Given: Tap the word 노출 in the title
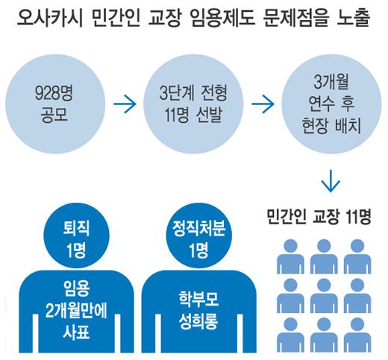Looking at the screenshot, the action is [x=354, y=18].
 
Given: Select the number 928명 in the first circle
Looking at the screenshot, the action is [x=54, y=93].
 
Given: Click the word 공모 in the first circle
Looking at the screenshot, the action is [x=54, y=115].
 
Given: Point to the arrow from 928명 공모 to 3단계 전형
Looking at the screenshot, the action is [x=125, y=104].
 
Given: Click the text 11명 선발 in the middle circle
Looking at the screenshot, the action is [x=193, y=115].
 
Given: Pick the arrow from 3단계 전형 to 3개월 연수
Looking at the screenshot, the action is [x=263, y=104].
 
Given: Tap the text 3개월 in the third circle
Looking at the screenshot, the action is [x=331, y=81].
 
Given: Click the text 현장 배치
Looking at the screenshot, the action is [x=331, y=125].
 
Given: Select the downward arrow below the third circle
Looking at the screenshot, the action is [x=331, y=181].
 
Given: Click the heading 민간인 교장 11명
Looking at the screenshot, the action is [x=319, y=217].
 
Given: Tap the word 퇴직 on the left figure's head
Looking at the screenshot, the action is [x=76, y=228].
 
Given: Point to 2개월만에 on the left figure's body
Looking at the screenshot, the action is [x=76, y=310].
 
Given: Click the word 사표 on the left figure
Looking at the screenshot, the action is [x=76, y=332].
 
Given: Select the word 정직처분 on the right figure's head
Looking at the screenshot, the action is [x=199, y=228].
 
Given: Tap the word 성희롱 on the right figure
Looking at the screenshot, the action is [x=198, y=320].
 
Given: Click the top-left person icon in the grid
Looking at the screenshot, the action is [x=290, y=256].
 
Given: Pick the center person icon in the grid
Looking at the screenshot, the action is [x=324, y=296].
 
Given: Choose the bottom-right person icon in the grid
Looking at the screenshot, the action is [x=357, y=335].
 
